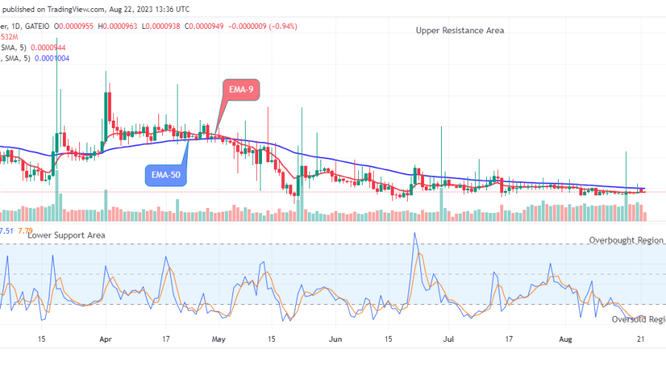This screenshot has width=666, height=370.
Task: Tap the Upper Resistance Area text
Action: (x=459, y=30)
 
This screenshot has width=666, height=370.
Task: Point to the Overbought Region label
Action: (x=626, y=240)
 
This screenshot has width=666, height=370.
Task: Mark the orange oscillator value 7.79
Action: (x=25, y=231)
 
